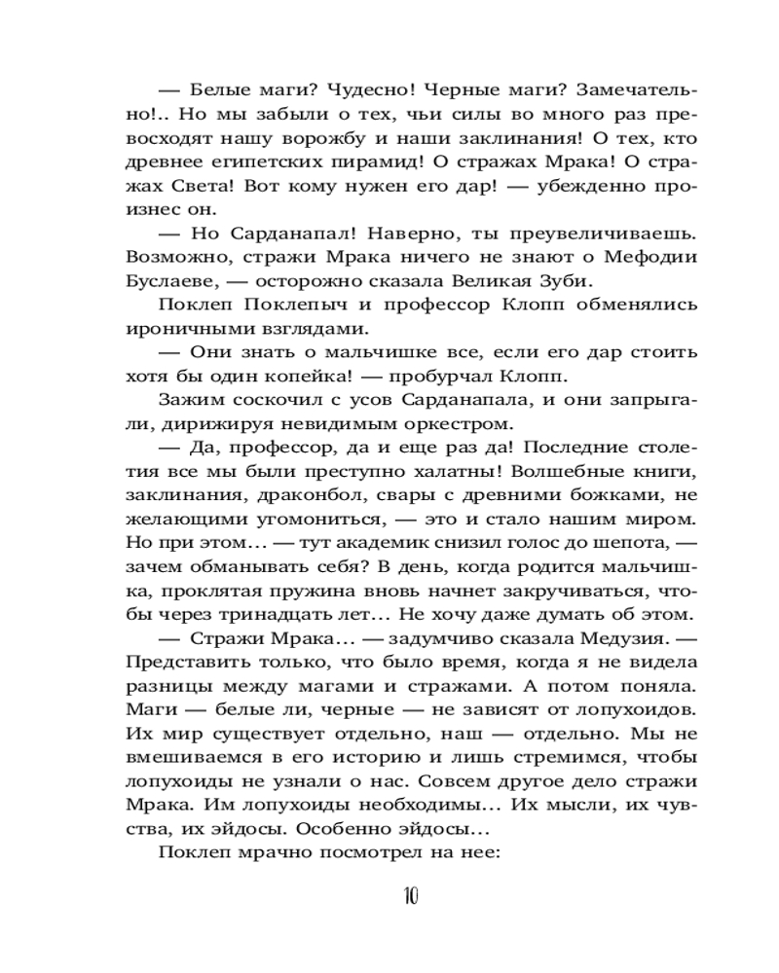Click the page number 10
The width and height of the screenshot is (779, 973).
pos(408,896)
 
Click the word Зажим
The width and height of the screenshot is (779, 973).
pos(189,401)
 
